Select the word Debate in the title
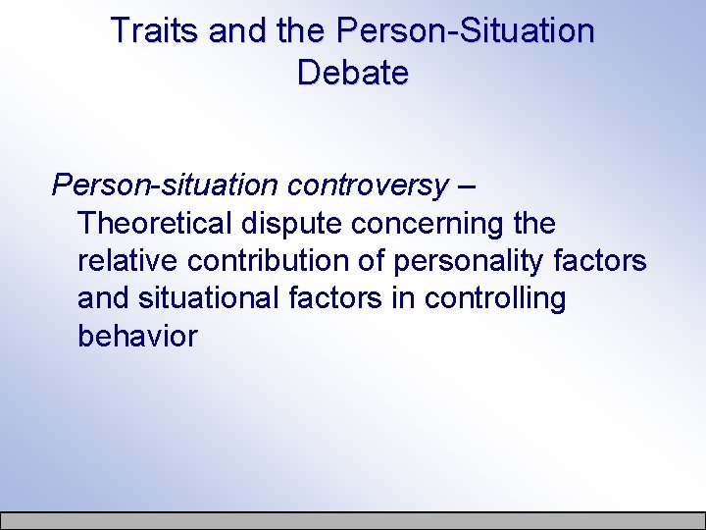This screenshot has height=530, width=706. pos(352,73)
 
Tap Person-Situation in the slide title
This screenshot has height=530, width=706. pos(465,30)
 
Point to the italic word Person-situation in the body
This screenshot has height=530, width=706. pos(166,185)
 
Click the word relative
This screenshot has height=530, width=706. pos(126,261)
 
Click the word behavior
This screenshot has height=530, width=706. pos(137,336)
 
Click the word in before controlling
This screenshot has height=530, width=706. pos(407,298)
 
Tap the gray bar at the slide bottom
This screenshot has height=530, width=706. pos(353,521)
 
